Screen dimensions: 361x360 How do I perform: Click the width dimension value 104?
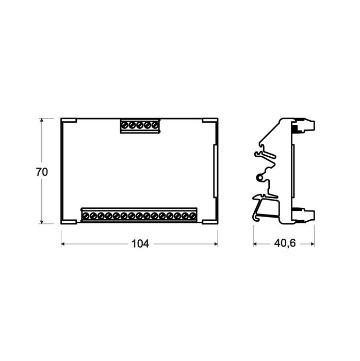(139, 244)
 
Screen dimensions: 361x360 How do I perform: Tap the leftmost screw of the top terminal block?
(125, 125)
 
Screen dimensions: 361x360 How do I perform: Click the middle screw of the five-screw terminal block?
(140, 125)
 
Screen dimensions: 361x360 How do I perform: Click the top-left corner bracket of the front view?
(69, 121)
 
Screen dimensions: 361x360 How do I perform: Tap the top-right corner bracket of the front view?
(210, 121)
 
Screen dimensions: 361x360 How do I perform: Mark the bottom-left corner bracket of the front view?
(69, 221)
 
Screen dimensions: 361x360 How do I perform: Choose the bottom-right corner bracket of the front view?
(210, 221)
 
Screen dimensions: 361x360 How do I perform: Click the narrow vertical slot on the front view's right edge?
(214, 171)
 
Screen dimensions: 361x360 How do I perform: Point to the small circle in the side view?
(260, 178)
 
